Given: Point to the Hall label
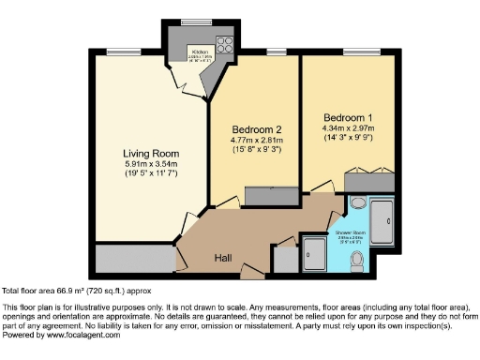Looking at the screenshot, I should (x=223, y=257).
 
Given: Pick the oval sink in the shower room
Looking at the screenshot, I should (x=357, y=203).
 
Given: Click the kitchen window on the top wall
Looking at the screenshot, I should (x=195, y=21).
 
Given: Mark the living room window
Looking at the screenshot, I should (x=117, y=52).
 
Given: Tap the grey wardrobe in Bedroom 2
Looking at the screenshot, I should (x=270, y=196).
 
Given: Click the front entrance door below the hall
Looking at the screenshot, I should (x=252, y=274).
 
